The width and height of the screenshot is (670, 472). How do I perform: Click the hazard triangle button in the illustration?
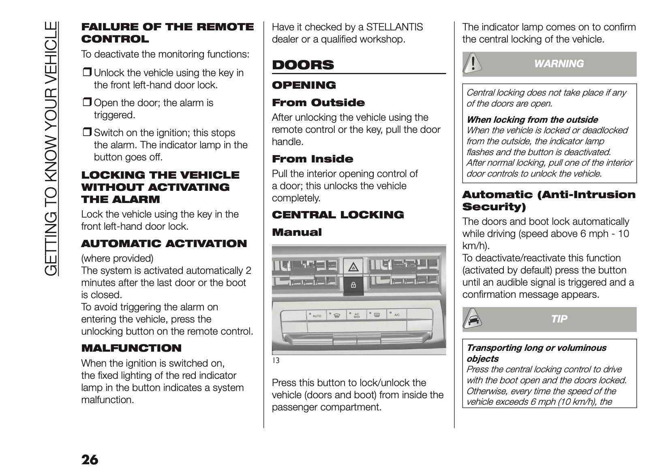[x=353, y=267]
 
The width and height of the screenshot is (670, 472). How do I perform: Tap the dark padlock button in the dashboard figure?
[x=353, y=285]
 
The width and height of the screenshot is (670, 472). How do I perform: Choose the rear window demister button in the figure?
[x=376, y=315]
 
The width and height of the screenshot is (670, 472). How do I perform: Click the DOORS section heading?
[x=303, y=65]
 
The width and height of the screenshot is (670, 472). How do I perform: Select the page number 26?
[x=90, y=460]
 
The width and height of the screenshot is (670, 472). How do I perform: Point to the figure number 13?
[x=275, y=361]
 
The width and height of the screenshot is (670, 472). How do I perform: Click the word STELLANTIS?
[x=394, y=27]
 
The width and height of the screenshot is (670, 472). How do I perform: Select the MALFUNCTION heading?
[x=131, y=348]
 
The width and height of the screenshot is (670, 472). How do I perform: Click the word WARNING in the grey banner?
[x=559, y=64]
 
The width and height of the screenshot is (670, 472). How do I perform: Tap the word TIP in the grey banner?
[x=559, y=319]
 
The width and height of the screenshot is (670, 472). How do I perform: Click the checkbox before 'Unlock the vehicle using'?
[x=87, y=73]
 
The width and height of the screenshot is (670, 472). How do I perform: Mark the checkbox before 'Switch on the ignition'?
[x=87, y=133]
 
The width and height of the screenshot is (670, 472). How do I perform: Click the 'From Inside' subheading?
[x=313, y=159]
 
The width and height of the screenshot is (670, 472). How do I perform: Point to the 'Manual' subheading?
[x=297, y=232]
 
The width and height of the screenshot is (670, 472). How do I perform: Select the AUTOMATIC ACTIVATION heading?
[x=164, y=243]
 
